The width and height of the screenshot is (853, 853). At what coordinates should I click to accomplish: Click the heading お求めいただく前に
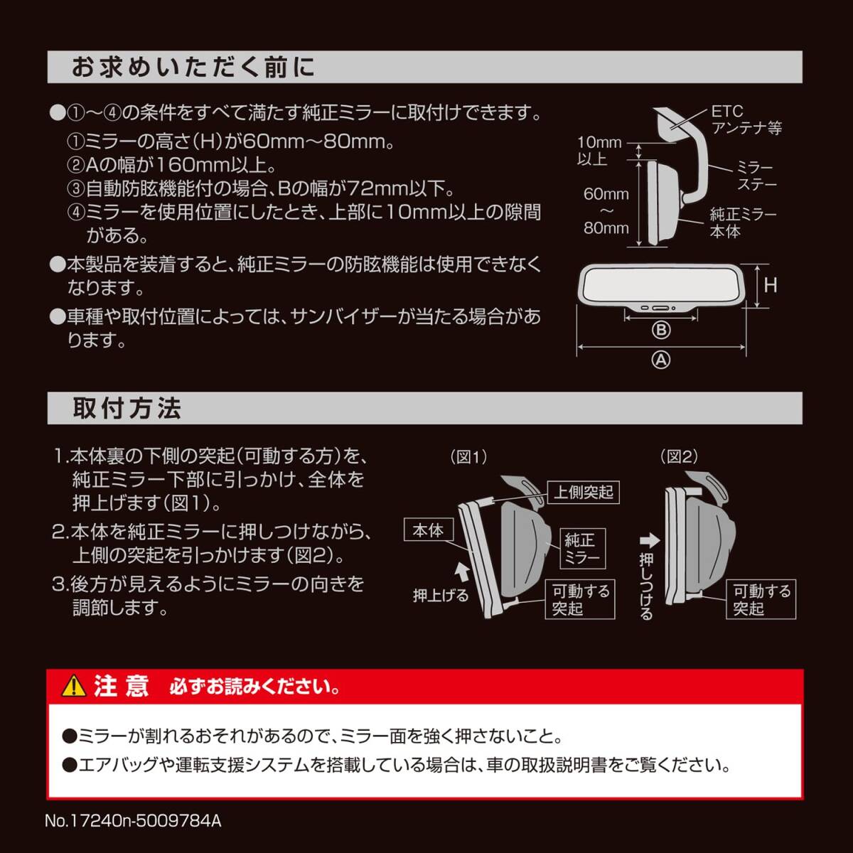click(193, 68)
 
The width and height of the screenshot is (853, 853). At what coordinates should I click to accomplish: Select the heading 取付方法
click(127, 409)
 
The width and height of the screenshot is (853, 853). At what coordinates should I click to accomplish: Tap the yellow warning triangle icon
click(73, 686)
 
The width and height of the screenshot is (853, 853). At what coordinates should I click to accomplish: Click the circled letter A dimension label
click(661, 360)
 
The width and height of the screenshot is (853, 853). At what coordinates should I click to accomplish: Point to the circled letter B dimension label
click(661, 330)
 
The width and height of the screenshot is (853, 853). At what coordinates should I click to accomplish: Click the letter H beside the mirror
click(771, 286)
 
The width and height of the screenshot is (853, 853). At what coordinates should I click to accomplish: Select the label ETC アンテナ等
click(746, 120)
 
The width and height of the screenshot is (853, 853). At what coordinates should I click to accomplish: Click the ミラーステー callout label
click(756, 176)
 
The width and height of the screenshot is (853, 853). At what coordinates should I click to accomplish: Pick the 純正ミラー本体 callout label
click(743, 222)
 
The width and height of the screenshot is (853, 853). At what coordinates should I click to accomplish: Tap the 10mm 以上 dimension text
click(598, 151)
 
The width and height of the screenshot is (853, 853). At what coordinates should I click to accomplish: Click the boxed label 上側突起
click(583, 492)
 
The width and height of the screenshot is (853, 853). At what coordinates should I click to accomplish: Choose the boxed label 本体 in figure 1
click(428, 530)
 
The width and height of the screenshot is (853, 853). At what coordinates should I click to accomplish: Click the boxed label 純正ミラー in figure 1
click(582, 549)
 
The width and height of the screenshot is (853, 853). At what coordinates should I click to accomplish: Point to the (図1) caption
click(468, 457)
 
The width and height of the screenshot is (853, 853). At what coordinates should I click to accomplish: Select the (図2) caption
click(679, 457)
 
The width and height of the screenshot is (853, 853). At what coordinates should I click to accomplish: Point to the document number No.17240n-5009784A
click(133, 821)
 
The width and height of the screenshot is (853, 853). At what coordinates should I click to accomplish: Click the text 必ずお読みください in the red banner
click(254, 687)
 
